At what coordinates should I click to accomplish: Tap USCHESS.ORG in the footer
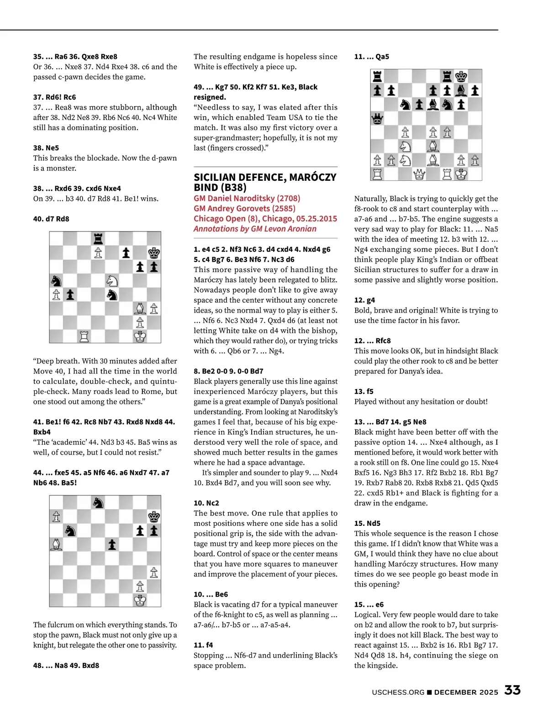398,692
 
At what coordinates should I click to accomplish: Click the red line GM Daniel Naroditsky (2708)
247,198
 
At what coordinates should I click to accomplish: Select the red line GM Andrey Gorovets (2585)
244,208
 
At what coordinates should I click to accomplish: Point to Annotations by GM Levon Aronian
255,229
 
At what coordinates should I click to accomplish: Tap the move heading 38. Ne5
46,148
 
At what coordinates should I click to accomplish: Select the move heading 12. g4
364,300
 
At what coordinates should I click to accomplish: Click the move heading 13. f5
364,391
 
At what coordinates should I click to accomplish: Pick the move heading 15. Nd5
367,523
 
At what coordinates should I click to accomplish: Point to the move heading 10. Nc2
206,503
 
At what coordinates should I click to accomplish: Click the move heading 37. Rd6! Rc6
54,97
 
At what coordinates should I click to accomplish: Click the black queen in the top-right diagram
378,119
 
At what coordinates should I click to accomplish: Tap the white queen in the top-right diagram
419,174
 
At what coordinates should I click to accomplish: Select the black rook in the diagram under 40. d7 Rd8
98,238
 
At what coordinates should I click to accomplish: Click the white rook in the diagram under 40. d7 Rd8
84,336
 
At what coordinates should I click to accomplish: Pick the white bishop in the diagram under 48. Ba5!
56,544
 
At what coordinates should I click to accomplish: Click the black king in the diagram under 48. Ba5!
154,516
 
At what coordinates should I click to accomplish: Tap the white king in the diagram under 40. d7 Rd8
140,336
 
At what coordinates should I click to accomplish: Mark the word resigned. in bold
210,97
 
